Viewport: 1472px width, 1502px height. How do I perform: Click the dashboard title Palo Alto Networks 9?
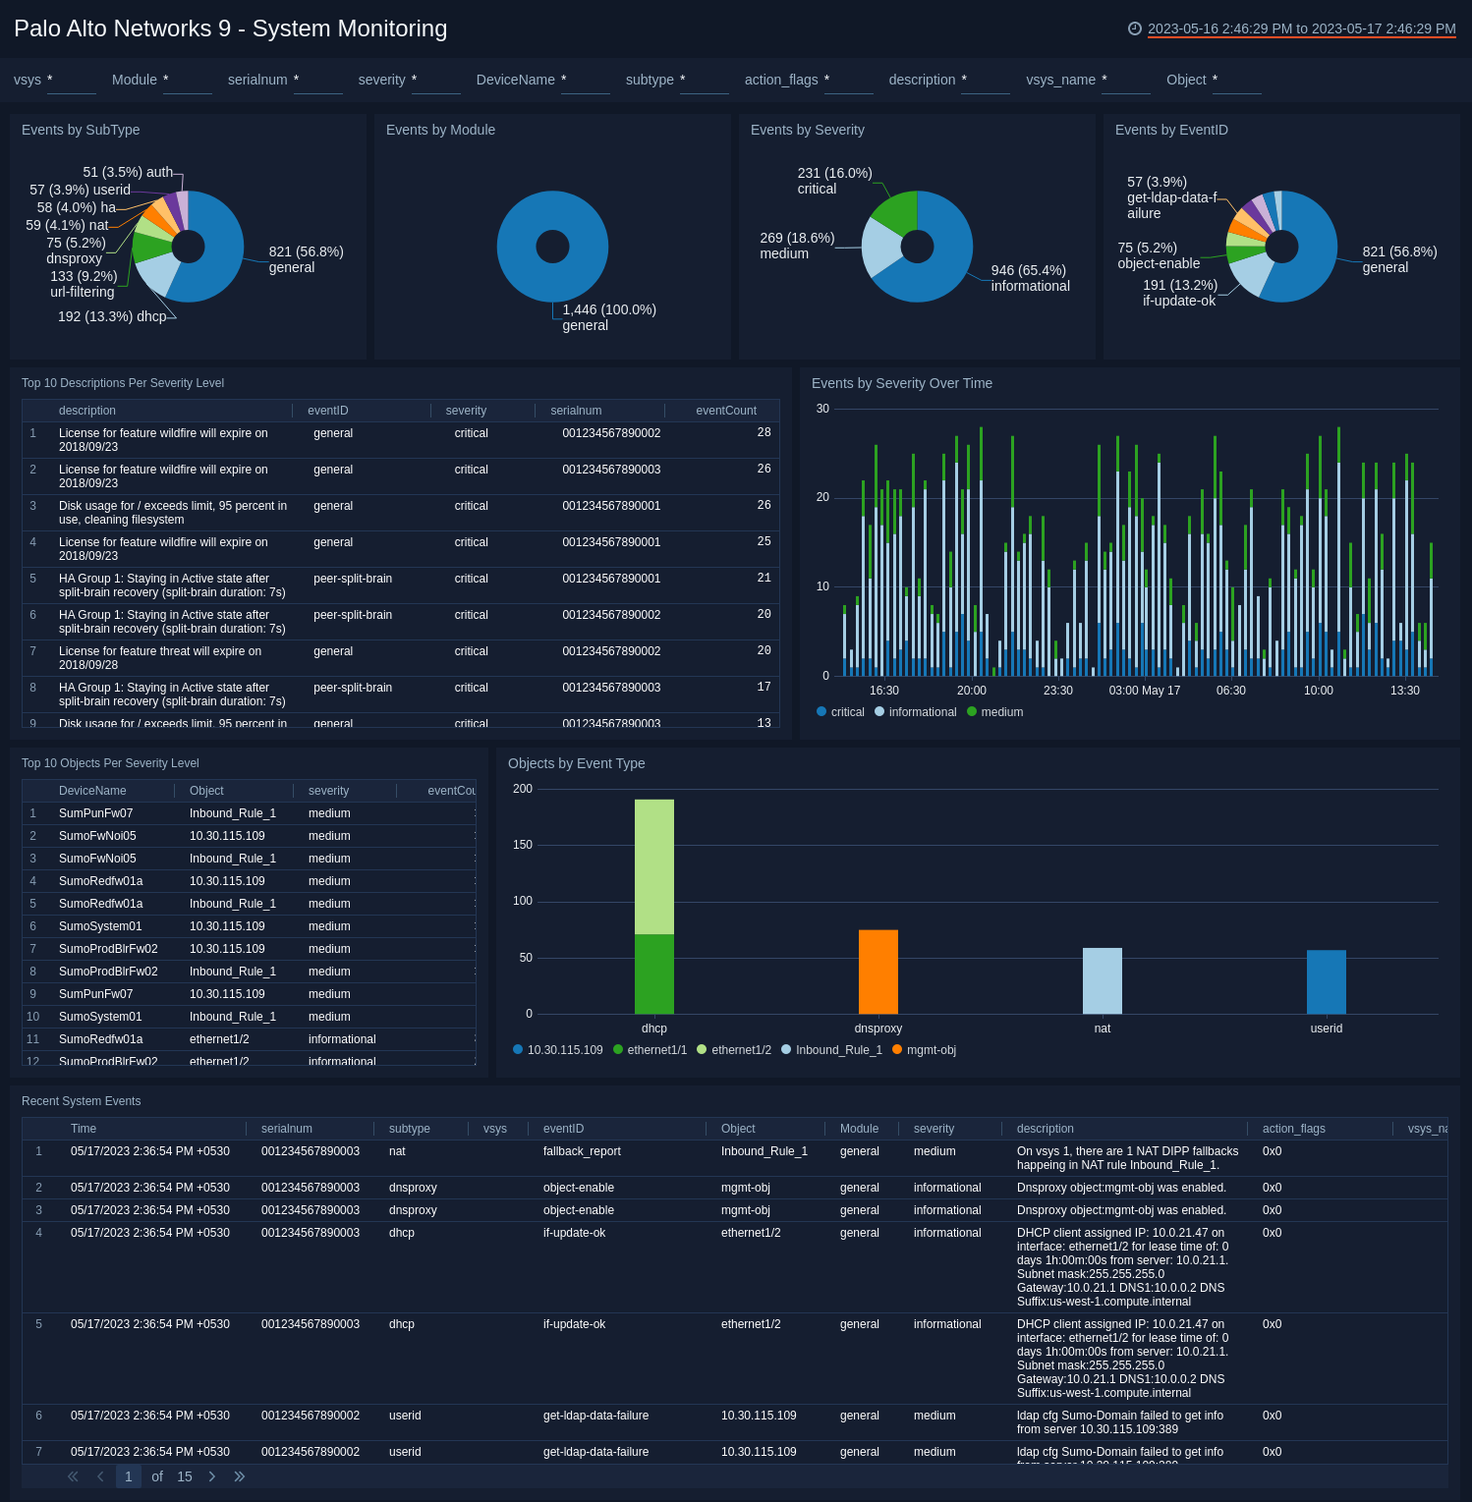(230, 28)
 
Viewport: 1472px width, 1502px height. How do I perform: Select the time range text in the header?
(1301, 28)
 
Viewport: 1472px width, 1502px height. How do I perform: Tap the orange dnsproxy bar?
(878, 971)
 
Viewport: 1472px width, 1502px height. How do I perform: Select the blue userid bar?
(1326, 980)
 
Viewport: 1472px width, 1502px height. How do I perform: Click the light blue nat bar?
(1102, 979)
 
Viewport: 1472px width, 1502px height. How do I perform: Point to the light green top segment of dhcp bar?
(653, 865)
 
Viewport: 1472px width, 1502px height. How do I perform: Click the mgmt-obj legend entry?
(931, 1050)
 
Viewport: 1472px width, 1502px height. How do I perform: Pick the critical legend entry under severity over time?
(847, 712)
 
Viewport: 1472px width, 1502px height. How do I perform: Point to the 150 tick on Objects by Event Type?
(523, 845)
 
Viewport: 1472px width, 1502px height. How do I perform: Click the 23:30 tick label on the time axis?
(1057, 691)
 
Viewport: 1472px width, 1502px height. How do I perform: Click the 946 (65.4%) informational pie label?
(1030, 278)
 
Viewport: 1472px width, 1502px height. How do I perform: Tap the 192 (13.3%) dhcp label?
(112, 316)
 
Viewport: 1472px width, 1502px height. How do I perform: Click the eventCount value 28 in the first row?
(764, 432)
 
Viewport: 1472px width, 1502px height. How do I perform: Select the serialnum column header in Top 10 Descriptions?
(576, 411)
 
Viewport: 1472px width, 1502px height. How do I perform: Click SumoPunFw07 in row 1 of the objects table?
(95, 813)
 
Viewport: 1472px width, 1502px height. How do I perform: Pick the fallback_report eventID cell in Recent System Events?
(582, 1151)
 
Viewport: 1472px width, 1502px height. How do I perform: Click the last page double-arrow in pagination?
(239, 1476)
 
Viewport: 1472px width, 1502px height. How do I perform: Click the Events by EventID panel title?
(1171, 130)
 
